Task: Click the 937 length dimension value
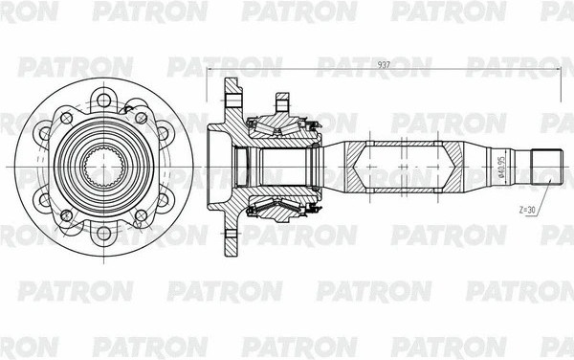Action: pyautogui.click(x=383, y=64)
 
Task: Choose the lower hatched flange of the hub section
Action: pyautogui.click(x=232, y=230)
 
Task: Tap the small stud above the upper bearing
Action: pyautogui.click(x=282, y=101)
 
